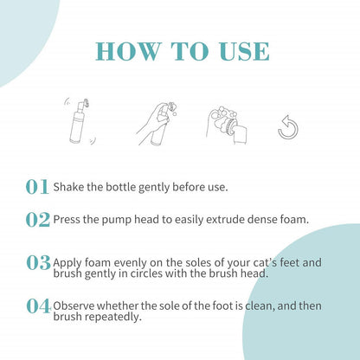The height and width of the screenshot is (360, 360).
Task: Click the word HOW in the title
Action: click(x=128, y=51)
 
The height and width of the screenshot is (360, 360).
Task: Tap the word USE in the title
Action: click(x=244, y=51)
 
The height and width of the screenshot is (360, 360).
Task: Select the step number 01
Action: click(x=37, y=187)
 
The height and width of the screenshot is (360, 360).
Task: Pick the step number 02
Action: click(x=38, y=220)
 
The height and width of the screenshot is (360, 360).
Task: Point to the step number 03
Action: click(x=38, y=263)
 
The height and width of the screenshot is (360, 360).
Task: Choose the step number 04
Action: click(x=39, y=306)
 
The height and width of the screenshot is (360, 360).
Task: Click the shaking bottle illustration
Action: click(x=80, y=121)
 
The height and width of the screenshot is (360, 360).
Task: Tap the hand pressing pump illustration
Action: click(x=157, y=124)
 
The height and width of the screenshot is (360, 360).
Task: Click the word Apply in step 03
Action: click(x=67, y=263)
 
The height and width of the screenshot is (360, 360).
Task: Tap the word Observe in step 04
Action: click(x=74, y=305)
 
